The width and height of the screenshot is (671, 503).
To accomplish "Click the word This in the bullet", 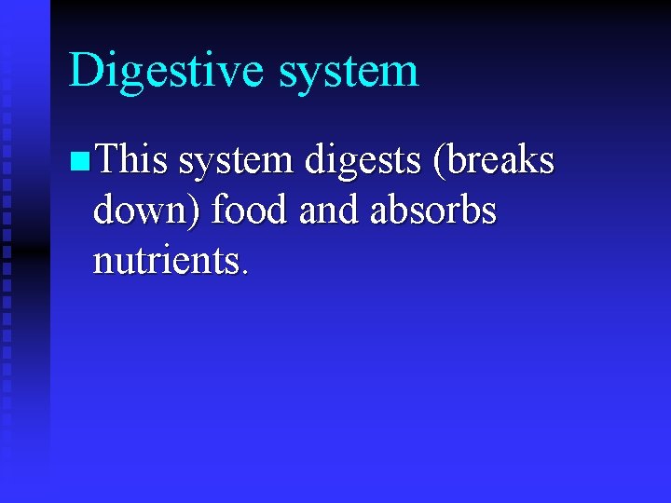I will [x=131, y=160].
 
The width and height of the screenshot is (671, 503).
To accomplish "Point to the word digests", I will [x=358, y=162].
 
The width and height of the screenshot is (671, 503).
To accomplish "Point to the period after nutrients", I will [x=244, y=272].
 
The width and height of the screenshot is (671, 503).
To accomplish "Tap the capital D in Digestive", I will [x=85, y=71].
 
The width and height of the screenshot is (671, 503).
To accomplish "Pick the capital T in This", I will [x=105, y=159].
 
